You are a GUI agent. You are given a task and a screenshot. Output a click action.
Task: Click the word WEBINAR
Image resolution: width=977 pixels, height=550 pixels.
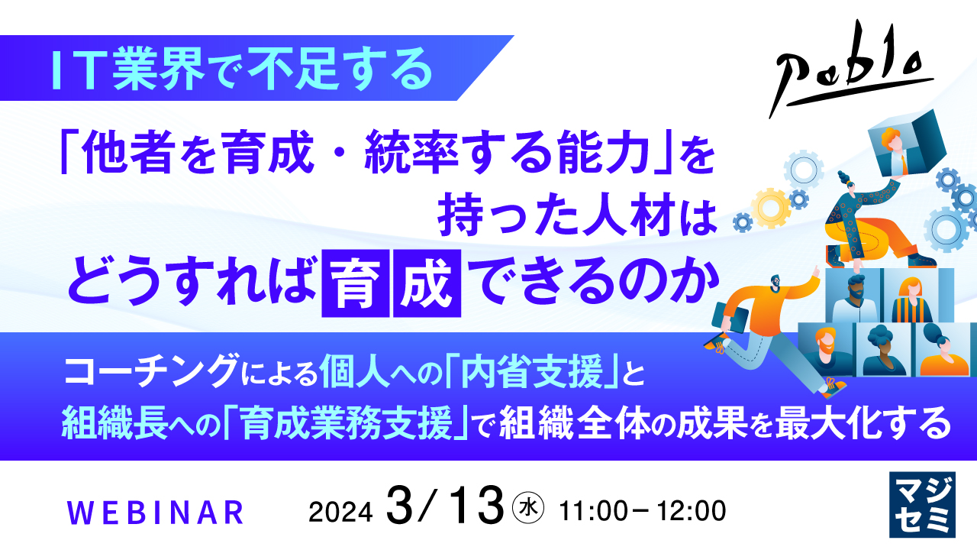coord(156,512)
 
